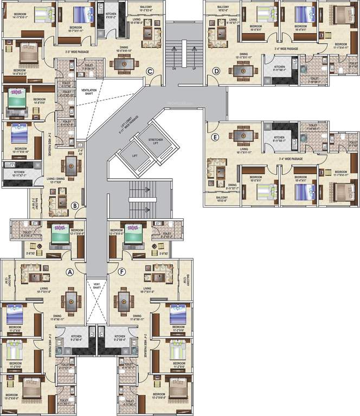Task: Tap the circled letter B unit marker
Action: click(x=75, y=204)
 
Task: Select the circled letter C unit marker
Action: click(x=149, y=71)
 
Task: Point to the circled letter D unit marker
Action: click(x=216, y=71)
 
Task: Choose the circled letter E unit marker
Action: click(x=215, y=138)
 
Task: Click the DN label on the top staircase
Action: click(x=174, y=69)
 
